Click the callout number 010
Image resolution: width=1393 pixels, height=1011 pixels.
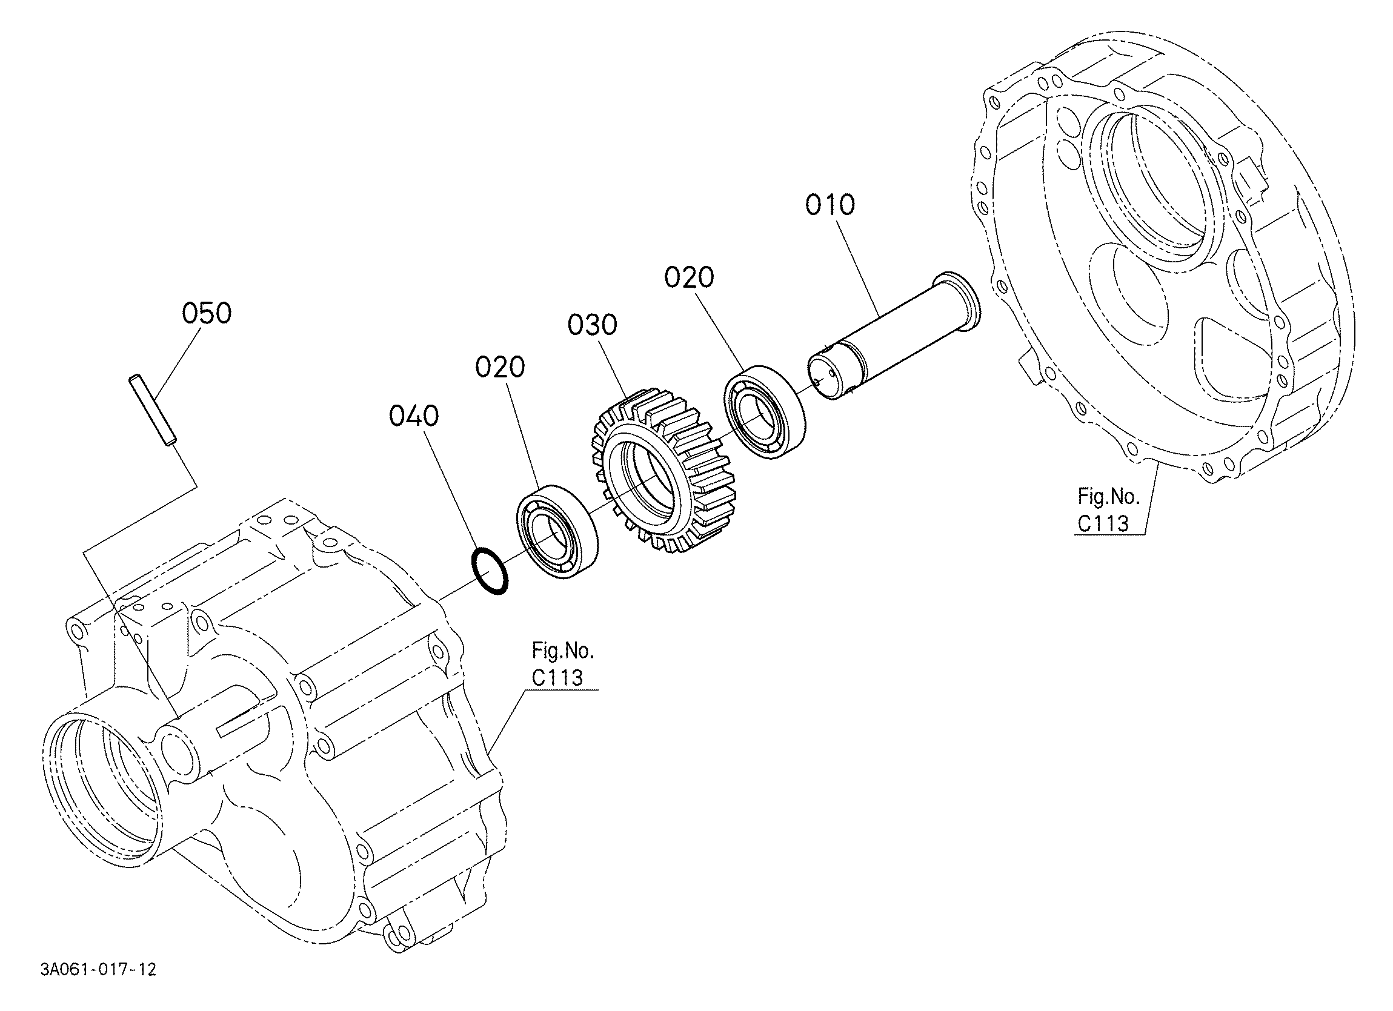[x=829, y=205]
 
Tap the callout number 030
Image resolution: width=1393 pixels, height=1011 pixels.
[x=592, y=325]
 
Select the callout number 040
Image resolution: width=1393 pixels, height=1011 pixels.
[x=414, y=416]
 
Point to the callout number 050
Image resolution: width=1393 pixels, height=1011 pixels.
[x=207, y=313]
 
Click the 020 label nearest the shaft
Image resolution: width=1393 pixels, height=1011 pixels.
[x=689, y=277]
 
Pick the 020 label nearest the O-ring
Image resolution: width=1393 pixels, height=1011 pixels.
[x=500, y=367]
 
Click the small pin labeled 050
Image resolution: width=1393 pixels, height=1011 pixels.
[x=152, y=409]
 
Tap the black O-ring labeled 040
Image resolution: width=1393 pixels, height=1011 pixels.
[x=490, y=571]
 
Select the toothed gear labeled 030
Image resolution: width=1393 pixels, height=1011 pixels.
[x=663, y=471]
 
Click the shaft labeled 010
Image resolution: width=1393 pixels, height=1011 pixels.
[x=894, y=336]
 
